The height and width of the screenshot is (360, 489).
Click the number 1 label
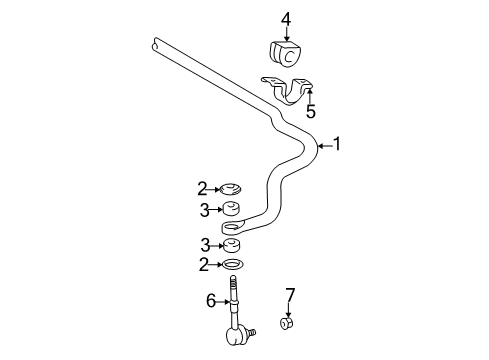click(x=337, y=145)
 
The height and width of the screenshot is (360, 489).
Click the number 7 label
click(x=291, y=294)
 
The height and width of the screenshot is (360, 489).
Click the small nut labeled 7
click(x=288, y=324)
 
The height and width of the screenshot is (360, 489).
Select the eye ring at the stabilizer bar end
click(x=237, y=227)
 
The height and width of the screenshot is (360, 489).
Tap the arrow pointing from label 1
click(x=322, y=146)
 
